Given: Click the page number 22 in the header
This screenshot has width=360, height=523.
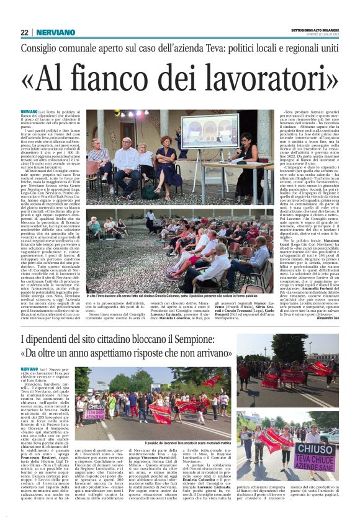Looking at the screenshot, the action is pos(24,32).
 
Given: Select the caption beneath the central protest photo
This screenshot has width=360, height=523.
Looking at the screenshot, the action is pos(154,440).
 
